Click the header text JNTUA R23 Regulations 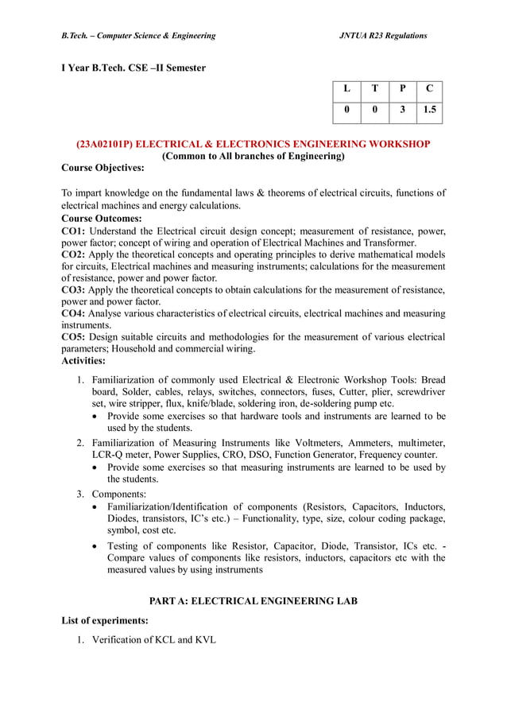[383, 36]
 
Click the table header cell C [429, 90]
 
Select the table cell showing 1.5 [429, 111]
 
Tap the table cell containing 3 [402, 111]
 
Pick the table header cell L [346, 90]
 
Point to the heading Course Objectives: [103, 168]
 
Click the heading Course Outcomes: [102, 218]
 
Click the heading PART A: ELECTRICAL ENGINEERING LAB [253, 601]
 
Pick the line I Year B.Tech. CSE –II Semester [134, 68]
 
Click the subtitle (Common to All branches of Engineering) [253, 156]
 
